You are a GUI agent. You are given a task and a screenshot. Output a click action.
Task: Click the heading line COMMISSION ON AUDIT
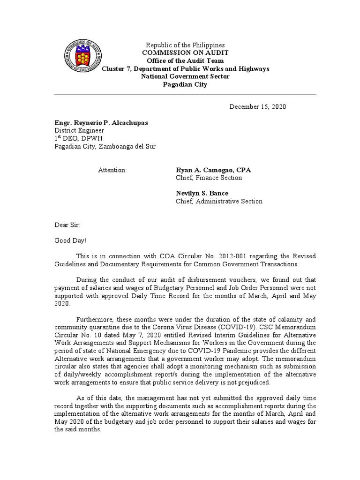coord(185,53)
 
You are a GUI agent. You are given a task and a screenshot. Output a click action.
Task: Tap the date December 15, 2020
coord(257,107)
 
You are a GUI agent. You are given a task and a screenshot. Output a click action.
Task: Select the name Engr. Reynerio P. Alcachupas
coord(101,123)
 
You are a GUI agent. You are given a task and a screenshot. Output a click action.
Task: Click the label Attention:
coord(112,170)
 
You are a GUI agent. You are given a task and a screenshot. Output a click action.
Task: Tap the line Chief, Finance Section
coord(209,178)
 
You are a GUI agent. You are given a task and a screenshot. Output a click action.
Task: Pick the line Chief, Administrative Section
coord(219,202)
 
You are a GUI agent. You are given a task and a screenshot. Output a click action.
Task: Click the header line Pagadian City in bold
coord(185,85)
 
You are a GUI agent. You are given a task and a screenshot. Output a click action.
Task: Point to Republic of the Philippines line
coord(185,45)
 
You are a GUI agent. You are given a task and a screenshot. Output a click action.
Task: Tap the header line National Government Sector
coord(185,77)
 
